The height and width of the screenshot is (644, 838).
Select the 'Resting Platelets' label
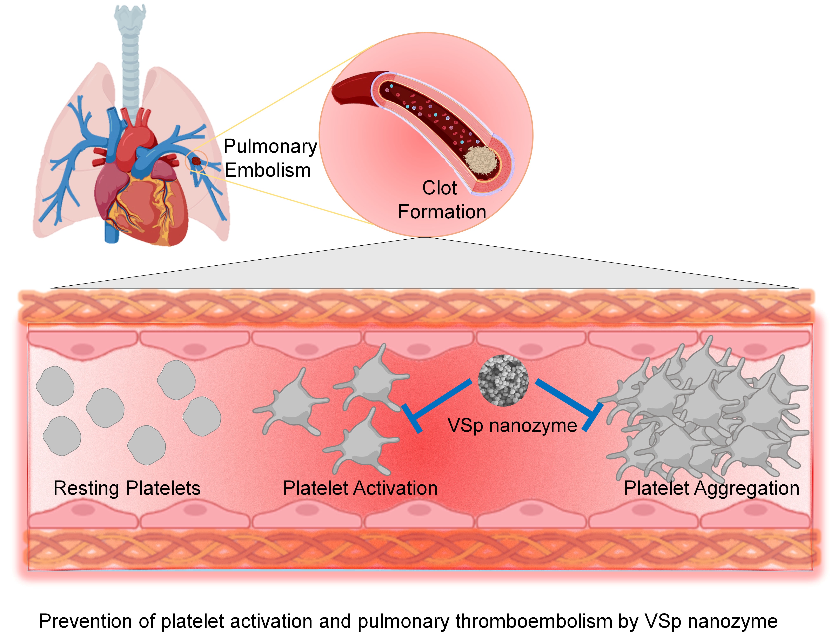tap(127, 488)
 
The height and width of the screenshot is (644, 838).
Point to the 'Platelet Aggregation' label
tap(712, 488)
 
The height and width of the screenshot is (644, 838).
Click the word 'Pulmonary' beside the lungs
tap(270, 146)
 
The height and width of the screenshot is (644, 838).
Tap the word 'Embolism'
tap(267, 170)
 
